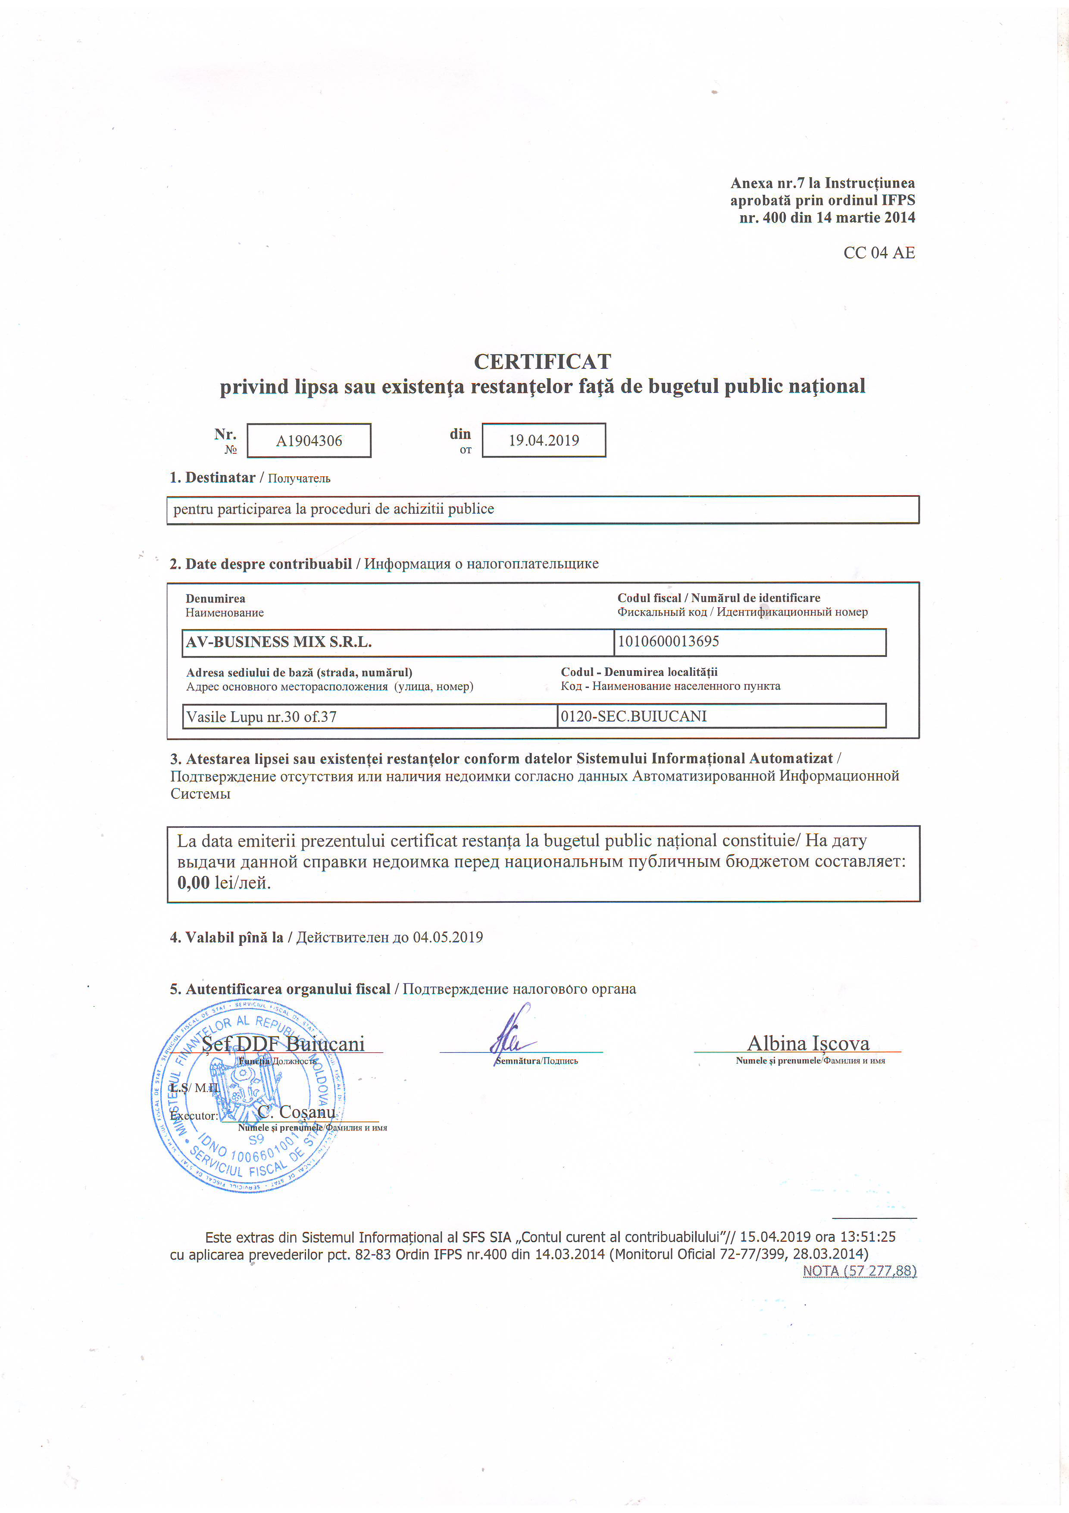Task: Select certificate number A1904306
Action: [309, 441]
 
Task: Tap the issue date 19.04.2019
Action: [544, 440]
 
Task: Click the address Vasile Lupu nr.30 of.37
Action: [262, 716]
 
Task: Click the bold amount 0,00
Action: [193, 882]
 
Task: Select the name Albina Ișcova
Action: [808, 1043]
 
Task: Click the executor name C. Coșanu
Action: [297, 1112]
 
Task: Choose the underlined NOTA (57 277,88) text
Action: [859, 1271]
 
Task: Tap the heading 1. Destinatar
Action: [212, 478]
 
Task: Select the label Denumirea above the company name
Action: [216, 598]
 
